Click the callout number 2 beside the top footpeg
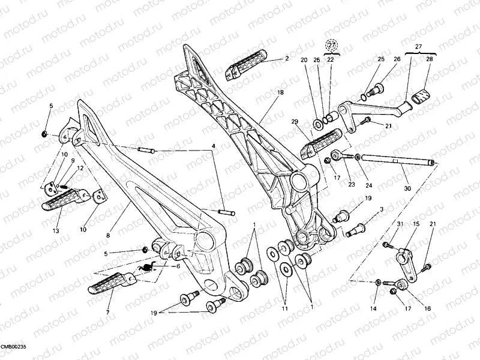pyautogui.click(x=287, y=59)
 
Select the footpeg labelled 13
pyautogui.click(x=65, y=199)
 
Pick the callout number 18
pyautogui.click(x=279, y=93)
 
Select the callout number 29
pyautogui.click(x=294, y=122)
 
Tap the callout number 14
pyautogui.click(x=373, y=308)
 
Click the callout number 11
pyautogui.click(x=285, y=308)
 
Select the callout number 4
pyautogui.click(x=212, y=145)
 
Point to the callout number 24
pyautogui.click(x=352, y=185)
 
